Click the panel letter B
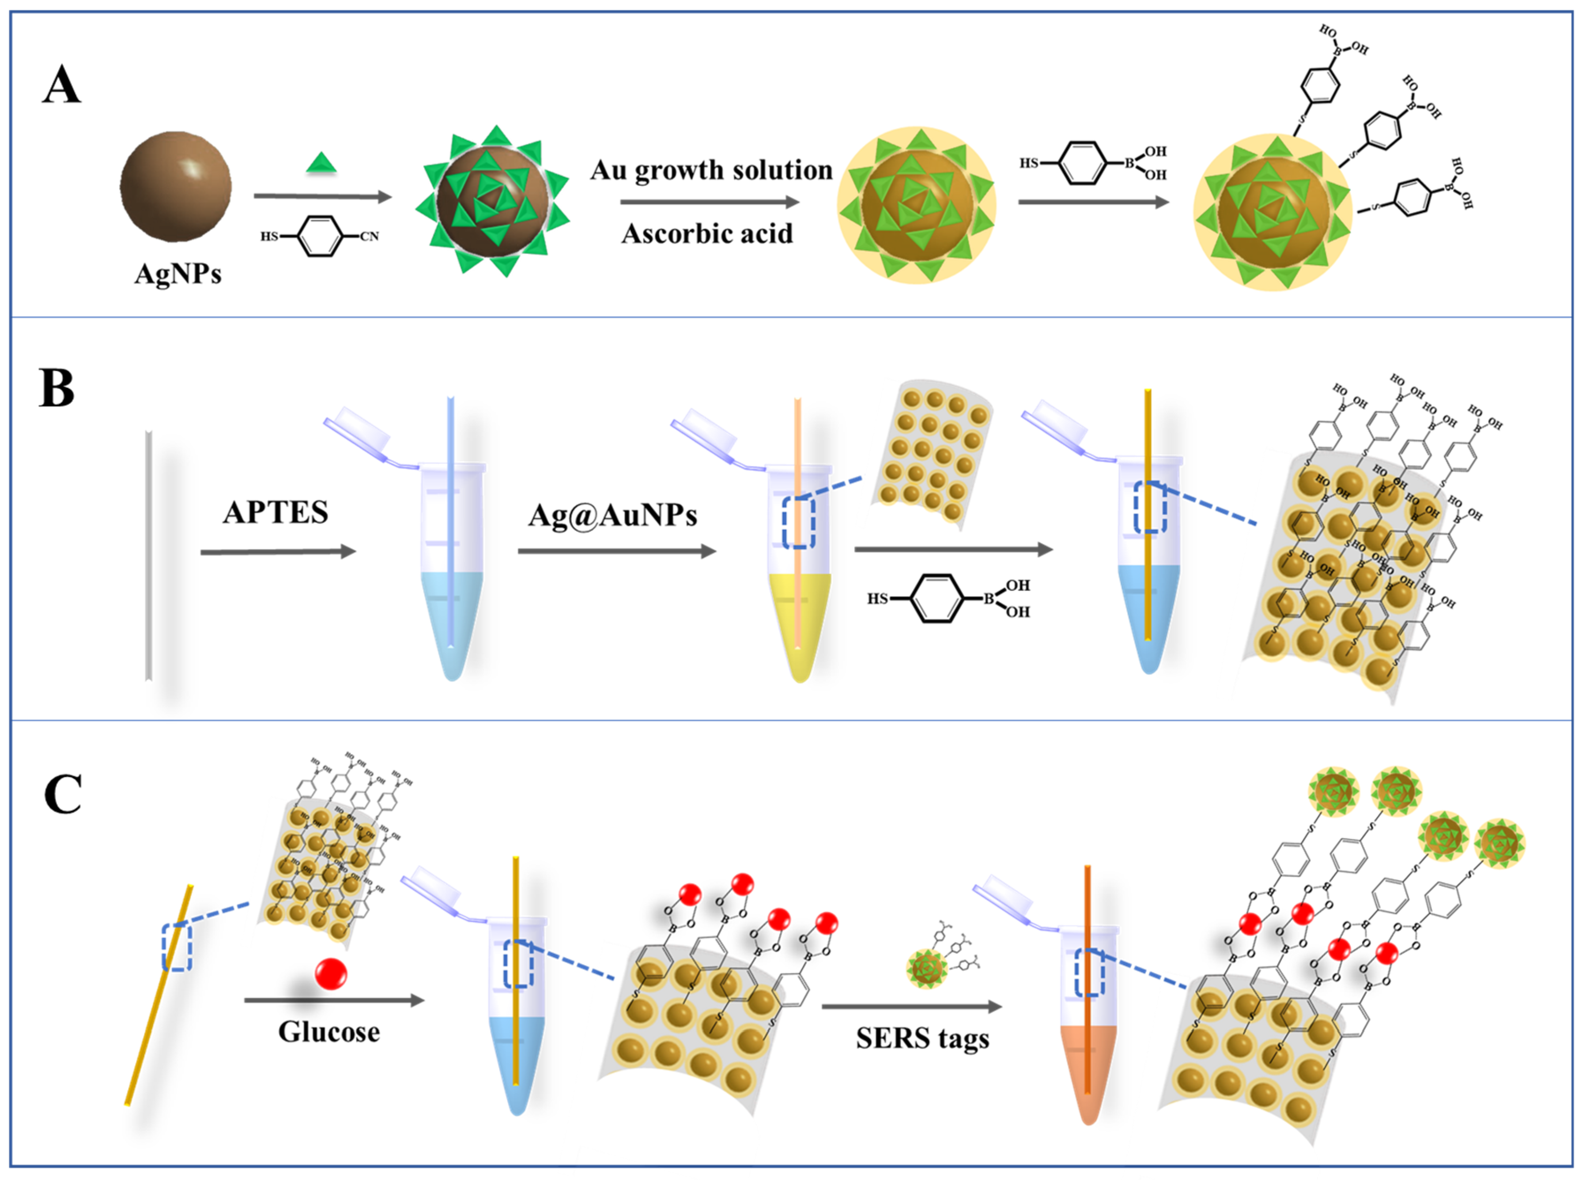tap(57, 389)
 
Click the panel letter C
tap(63, 794)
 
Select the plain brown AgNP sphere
tap(175, 187)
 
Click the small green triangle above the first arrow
tap(321, 163)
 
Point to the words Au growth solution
tap(711, 170)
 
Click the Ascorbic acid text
tap(707, 233)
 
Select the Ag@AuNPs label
tap(612, 515)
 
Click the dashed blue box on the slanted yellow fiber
tap(177, 947)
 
